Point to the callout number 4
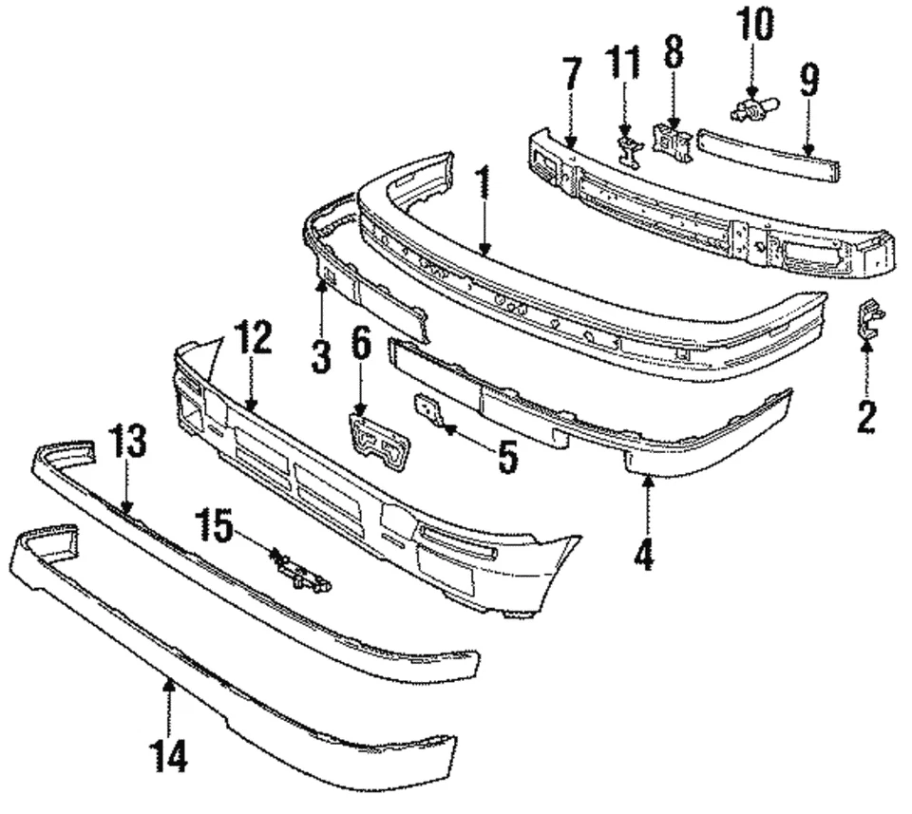[645, 553]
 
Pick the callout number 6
[361, 344]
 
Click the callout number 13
[127, 442]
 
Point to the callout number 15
[217, 527]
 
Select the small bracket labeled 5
[427, 409]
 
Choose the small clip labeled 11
[628, 150]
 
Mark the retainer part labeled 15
[300, 573]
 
